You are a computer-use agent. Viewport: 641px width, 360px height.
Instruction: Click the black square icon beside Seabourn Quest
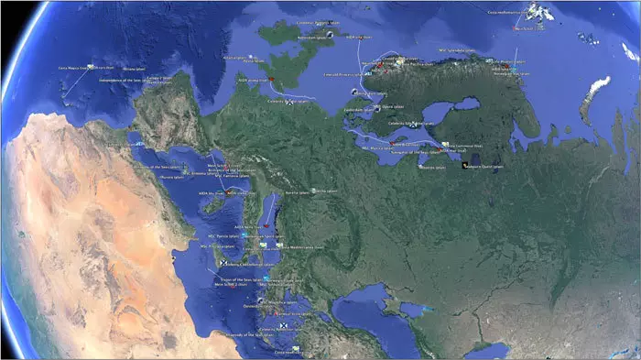(464, 164)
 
